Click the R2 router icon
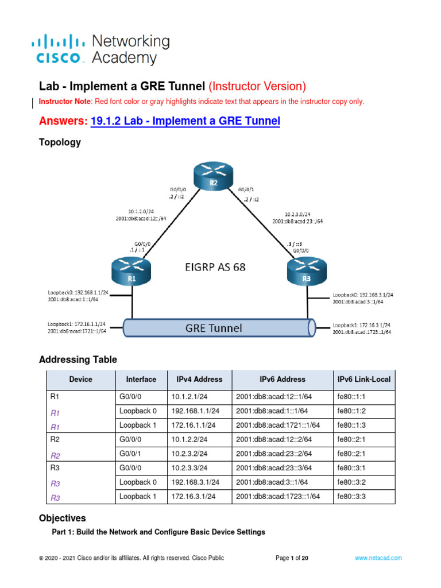click(212, 176)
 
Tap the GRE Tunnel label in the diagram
click(213, 328)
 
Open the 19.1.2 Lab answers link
click(185, 121)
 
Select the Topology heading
click(60, 142)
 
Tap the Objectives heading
click(63, 518)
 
